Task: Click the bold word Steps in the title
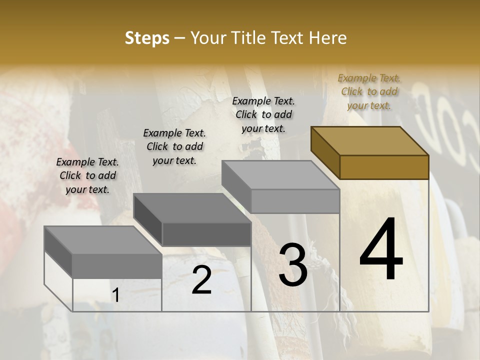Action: click(147, 38)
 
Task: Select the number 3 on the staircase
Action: click(293, 264)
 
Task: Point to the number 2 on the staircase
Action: click(201, 280)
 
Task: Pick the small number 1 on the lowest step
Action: click(115, 295)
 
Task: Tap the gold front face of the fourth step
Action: click(384, 167)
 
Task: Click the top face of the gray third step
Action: click(280, 175)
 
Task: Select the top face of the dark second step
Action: click(192, 208)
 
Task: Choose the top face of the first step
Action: click(102, 240)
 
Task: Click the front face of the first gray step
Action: click(117, 265)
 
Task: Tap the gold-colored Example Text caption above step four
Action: click(369, 91)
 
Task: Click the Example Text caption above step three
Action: click(263, 114)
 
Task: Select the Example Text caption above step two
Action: click(174, 146)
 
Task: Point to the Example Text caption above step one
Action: click(87, 175)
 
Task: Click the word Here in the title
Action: click(328, 38)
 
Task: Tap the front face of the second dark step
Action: click(206, 234)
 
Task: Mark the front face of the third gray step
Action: click(295, 201)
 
